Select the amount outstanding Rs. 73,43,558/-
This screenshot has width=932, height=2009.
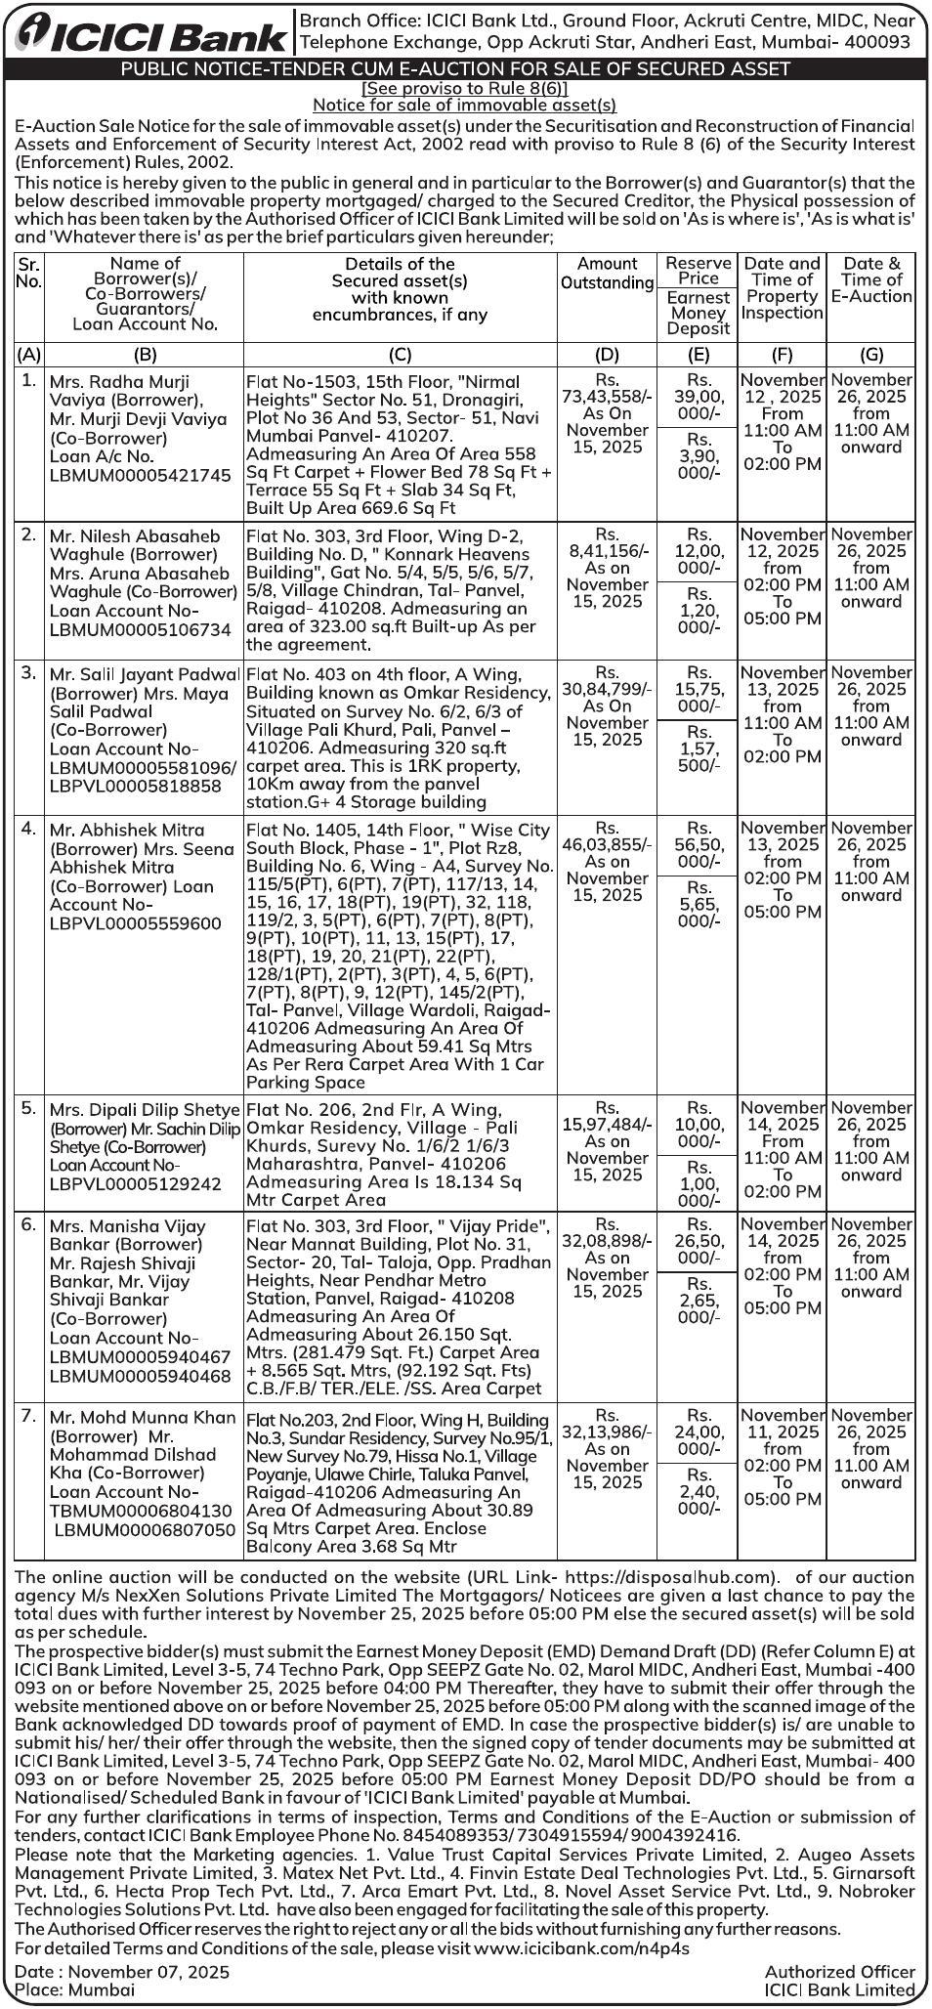click(x=607, y=388)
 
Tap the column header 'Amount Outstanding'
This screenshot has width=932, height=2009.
click(x=607, y=273)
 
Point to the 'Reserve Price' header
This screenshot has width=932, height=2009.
click(x=698, y=271)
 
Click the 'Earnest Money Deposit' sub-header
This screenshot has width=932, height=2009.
click(x=698, y=313)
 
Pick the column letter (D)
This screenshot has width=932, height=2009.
click(x=607, y=355)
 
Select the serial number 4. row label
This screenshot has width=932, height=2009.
click(x=29, y=829)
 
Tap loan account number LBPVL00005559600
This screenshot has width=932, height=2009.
click(x=136, y=923)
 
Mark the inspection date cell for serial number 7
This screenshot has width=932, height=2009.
click(x=782, y=1448)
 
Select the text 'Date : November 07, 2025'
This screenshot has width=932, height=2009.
click(x=123, y=1972)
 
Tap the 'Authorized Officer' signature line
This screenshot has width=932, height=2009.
click(x=839, y=1972)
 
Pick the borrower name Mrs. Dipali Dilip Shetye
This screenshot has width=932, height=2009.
click(x=144, y=1110)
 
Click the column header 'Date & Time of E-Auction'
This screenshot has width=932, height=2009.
click(x=871, y=279)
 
